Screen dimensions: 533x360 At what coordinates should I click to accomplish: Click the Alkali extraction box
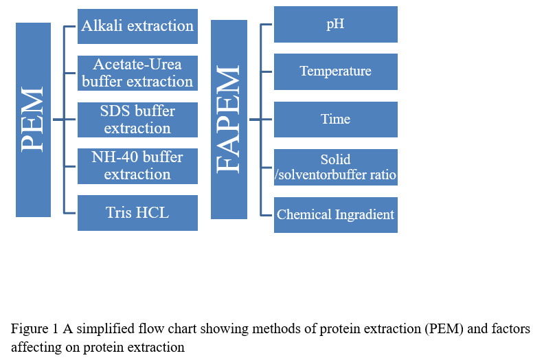click(137, 27)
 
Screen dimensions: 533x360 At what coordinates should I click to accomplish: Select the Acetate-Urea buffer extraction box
click(137, 73)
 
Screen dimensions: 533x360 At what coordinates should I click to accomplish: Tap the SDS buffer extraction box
click(137, 120)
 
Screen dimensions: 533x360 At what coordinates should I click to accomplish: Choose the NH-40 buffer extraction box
click(137, 166)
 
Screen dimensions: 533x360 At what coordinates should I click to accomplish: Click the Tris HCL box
click(137, 213)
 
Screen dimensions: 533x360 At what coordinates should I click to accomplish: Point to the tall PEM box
click(33, 120)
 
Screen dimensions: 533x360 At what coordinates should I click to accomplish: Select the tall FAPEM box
click(229, 120)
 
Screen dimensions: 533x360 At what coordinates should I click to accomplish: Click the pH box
click(336, 25)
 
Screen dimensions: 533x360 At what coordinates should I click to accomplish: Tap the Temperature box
click(336, 71)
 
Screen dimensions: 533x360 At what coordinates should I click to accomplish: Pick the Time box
click(336, 120)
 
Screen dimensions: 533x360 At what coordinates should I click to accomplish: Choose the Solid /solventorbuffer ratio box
click(336, 167)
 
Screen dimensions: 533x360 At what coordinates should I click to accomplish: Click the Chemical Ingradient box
click(336, 215)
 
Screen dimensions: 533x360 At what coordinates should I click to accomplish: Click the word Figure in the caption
click(30, 329)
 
